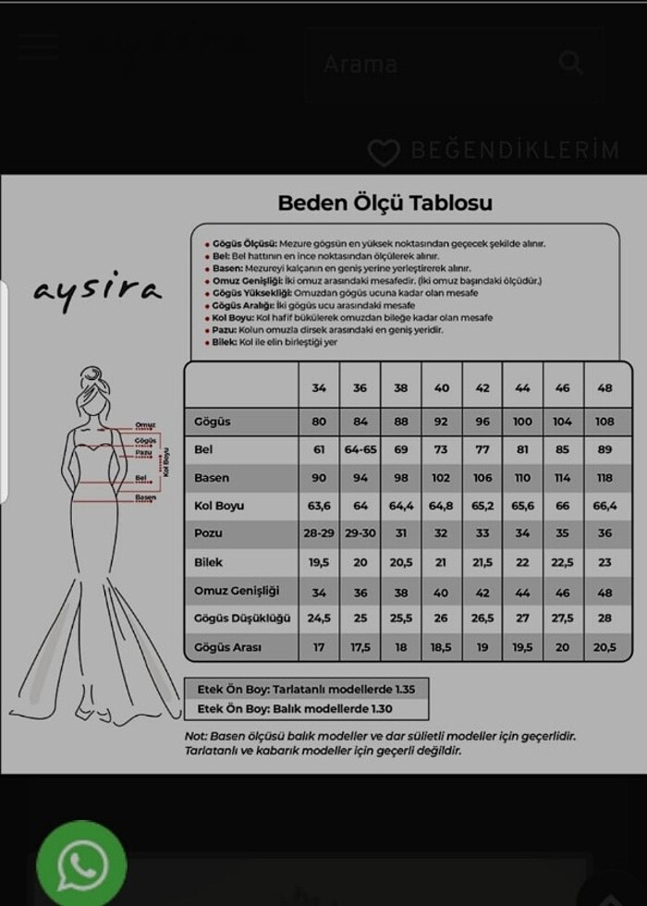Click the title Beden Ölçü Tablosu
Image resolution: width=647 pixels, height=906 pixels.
click(385, 202)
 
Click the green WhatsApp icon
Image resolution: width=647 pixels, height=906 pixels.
click(81, 864)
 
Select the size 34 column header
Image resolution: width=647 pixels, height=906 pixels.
click(319, 388)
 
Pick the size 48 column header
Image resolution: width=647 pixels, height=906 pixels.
click(604, 388)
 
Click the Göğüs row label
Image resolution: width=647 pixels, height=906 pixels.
click(213, 422)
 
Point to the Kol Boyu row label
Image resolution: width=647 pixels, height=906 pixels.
click(219, 507)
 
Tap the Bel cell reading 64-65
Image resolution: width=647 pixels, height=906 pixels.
click(360, 450)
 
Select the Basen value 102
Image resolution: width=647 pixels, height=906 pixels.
click(441, 478)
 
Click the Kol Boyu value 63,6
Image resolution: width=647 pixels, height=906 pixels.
click(319, 507)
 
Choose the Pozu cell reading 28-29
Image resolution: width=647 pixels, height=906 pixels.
click(319, 534)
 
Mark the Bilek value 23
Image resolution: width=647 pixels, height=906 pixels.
click(604, 562)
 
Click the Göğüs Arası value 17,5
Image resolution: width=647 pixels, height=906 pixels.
click(360, 647)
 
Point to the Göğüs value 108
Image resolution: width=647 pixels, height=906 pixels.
click(604, 422)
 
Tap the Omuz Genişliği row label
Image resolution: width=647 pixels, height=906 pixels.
click(237, 591)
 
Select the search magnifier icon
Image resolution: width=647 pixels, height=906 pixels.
click(571, 63)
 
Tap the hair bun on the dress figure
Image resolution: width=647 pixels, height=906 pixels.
click(92, 376)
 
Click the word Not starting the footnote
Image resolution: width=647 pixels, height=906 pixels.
click(195, 737)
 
